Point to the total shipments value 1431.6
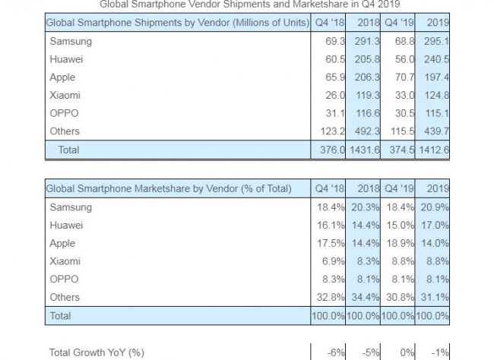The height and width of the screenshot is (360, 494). [366, 150]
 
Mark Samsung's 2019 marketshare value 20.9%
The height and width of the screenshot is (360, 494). [435, 207]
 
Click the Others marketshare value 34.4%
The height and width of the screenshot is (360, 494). [367, 297]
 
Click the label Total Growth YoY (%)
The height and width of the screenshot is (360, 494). [96, 352]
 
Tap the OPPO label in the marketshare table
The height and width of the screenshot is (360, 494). [64, 279]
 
